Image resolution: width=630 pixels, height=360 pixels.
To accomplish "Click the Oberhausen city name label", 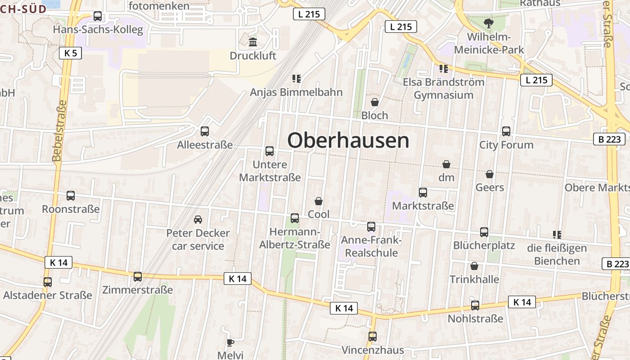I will (x=348, y=140).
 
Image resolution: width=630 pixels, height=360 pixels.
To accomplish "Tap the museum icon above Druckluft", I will (x=253, y=42).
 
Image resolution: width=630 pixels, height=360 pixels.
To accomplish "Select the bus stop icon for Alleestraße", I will (x=205, y=131).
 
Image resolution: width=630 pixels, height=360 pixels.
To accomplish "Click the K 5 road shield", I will (x=71, y=53).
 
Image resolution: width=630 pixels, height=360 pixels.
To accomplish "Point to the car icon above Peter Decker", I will (x=198, y=220).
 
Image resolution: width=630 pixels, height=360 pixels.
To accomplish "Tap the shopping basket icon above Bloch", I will (x=374, y=102).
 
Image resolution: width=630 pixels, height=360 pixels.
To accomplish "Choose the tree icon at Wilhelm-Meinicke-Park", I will (x=488, y=23).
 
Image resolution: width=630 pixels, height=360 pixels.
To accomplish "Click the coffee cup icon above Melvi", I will (x=230, y=342).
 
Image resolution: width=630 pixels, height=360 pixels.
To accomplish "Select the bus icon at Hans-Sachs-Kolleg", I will (x=98, y=16).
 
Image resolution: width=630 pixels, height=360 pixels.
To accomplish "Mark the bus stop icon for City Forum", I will (x=506, y=131).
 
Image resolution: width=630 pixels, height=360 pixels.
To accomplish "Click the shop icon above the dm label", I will (x=446, y=164).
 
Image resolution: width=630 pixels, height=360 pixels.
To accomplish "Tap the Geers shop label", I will (x=490, y=187).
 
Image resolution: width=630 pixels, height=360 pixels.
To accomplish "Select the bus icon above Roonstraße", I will (x=71, y=196).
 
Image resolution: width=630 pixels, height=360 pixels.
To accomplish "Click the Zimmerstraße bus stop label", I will (x=137, y=290).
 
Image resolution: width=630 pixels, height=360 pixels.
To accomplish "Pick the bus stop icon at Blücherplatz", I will (x=484, y=232).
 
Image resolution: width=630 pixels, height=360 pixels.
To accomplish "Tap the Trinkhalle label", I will (x=474, y=279).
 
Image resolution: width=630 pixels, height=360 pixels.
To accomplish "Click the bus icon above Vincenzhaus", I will (x=373, y=336).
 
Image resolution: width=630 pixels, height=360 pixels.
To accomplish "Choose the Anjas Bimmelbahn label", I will (x=296, y=92).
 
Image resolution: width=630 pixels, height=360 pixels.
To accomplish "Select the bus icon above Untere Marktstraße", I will (x=270, y=151).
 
